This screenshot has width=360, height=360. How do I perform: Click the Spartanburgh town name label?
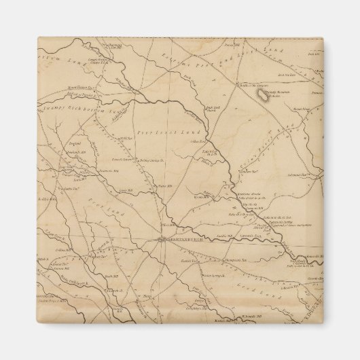click(x=181, y=238)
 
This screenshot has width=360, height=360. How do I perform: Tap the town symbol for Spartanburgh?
click(x=160, y=238)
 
